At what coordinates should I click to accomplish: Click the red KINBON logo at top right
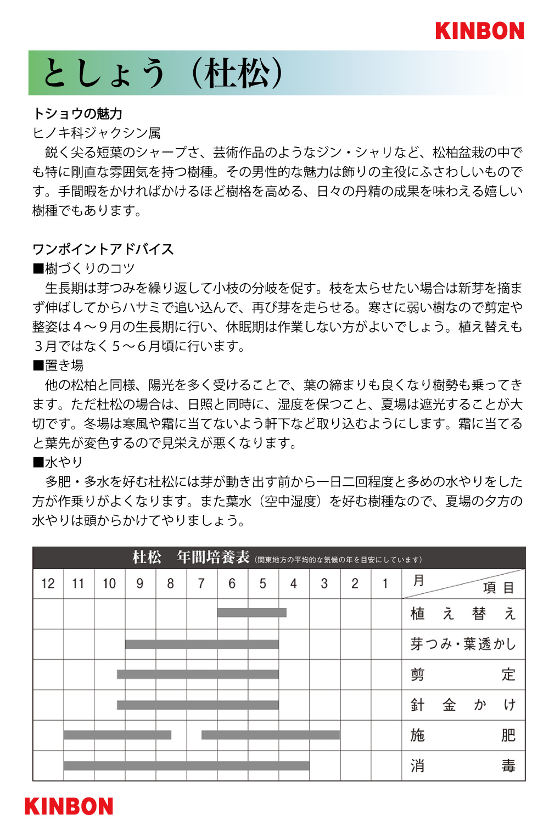(479, 31)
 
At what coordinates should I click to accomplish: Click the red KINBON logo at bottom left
(69, 806)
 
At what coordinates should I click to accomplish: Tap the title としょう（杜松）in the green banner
(163, 73)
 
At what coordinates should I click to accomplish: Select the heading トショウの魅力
(77, 114)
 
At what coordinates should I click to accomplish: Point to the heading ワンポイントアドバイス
(103, 249)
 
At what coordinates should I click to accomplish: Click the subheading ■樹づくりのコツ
(83, 268)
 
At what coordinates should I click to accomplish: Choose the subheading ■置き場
(58, 366)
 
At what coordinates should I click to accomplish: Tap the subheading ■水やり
(58, 462)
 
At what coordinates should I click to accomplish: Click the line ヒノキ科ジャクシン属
(97, 133)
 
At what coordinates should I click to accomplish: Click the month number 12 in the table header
(48, 583)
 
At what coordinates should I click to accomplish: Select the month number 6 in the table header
(232, 583)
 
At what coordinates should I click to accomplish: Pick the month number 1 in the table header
(385, 583)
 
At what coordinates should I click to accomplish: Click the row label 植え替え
(463, 614)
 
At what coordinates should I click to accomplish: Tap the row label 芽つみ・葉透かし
(463, 644)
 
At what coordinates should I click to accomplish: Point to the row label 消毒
(463, 766)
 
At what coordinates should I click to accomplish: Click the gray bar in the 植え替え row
(251, 613)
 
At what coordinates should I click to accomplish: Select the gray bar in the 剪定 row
(198, 674)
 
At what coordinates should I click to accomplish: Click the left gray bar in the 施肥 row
(117, 734)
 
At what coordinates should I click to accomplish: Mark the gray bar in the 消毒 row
(186, 765)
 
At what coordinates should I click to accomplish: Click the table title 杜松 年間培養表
(191, 558)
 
